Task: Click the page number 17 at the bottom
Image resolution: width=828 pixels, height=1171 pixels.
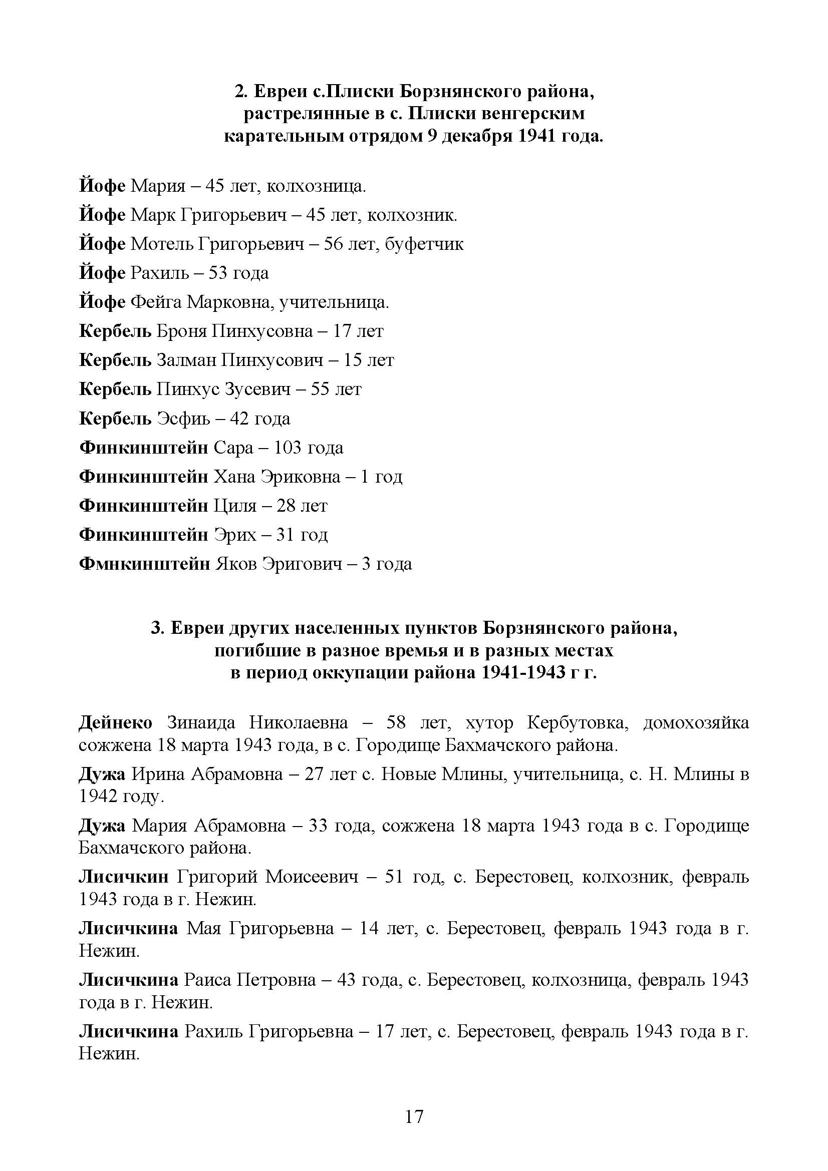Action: click(414, 1117)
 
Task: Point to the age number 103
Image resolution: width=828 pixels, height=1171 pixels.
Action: click(288, 448)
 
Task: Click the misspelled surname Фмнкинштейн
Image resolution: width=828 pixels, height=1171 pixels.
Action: click(144, 564)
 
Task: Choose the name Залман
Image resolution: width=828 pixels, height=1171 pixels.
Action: click(186, 360)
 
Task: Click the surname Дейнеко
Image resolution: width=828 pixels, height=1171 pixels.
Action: click(116, 723)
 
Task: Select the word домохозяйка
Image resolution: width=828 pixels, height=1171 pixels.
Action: click(696, 723)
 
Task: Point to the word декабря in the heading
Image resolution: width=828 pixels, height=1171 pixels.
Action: click(476, 137)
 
